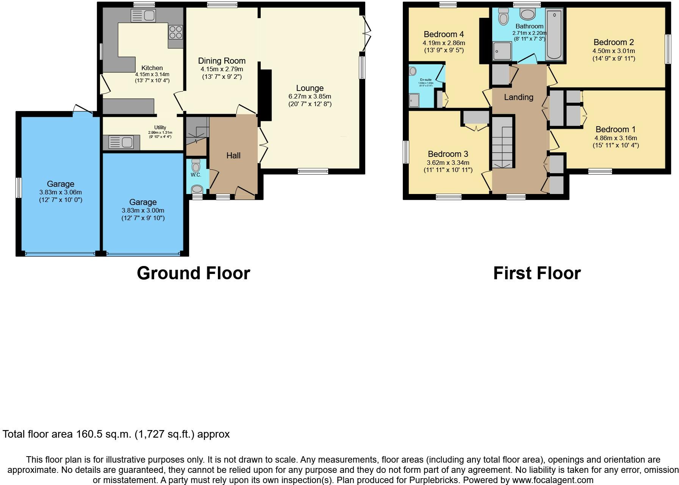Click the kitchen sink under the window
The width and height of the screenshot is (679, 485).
click(143, 16)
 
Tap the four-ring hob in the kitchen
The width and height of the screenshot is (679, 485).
click(175, 32)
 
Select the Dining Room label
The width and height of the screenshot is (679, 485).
click(222, 61)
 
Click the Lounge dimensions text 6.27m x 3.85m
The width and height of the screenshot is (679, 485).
click(310, 96)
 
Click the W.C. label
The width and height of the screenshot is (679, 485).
click(196, 175)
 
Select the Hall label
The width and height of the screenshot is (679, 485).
click(233, 155)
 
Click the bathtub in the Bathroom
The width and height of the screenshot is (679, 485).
click(554, 35)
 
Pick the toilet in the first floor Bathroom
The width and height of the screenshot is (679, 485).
click(503, 16)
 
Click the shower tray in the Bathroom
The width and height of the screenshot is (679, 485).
click(502, 51)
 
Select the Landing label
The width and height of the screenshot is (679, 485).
click(518, 97)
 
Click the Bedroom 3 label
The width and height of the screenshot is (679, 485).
click(448, 154)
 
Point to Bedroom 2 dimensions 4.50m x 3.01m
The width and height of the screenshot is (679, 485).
click(613, 51)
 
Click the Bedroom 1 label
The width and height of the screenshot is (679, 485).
click(615, 129)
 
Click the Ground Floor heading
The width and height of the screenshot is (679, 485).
click(193, 273)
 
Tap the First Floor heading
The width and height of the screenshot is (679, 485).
click(537, 273)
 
